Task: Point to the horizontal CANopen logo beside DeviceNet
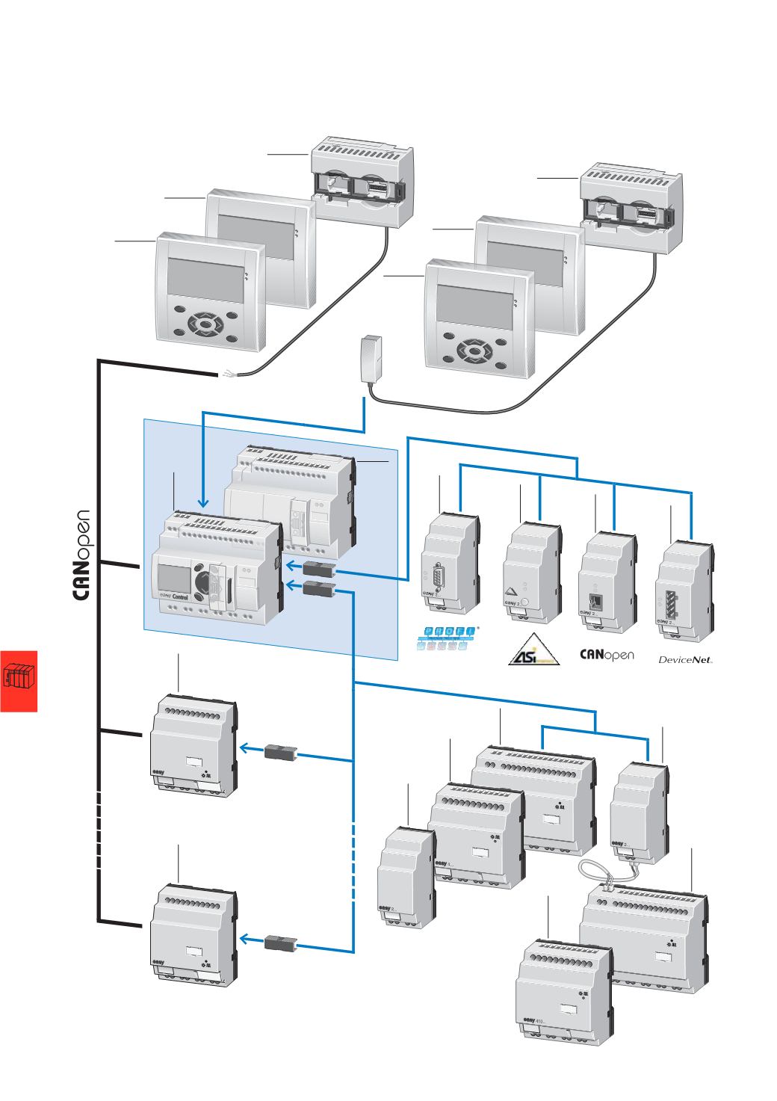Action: [x=606, y=656]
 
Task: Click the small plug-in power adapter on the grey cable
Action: [x=371, y=359]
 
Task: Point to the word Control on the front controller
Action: [x=182, y=597]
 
